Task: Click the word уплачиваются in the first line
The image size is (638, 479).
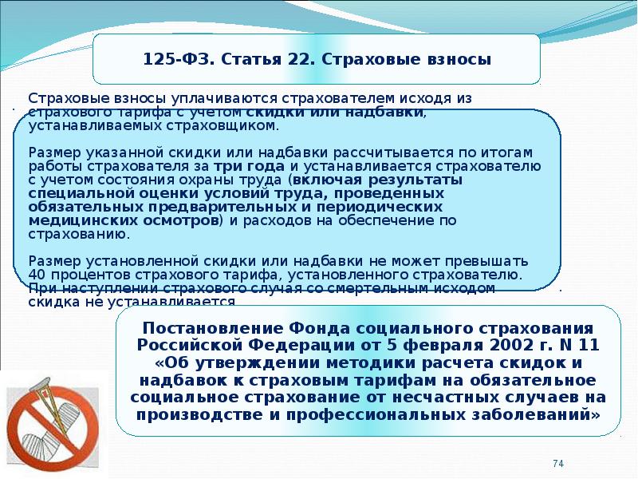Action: point(223,98)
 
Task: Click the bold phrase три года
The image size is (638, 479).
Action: point(249,166)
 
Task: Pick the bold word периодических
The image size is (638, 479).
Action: point(380,207)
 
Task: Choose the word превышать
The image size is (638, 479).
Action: point(486,261)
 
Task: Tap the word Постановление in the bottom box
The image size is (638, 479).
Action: point(212,328)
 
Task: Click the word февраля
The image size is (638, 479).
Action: point(443,346)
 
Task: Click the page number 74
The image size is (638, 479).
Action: point(558,464)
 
